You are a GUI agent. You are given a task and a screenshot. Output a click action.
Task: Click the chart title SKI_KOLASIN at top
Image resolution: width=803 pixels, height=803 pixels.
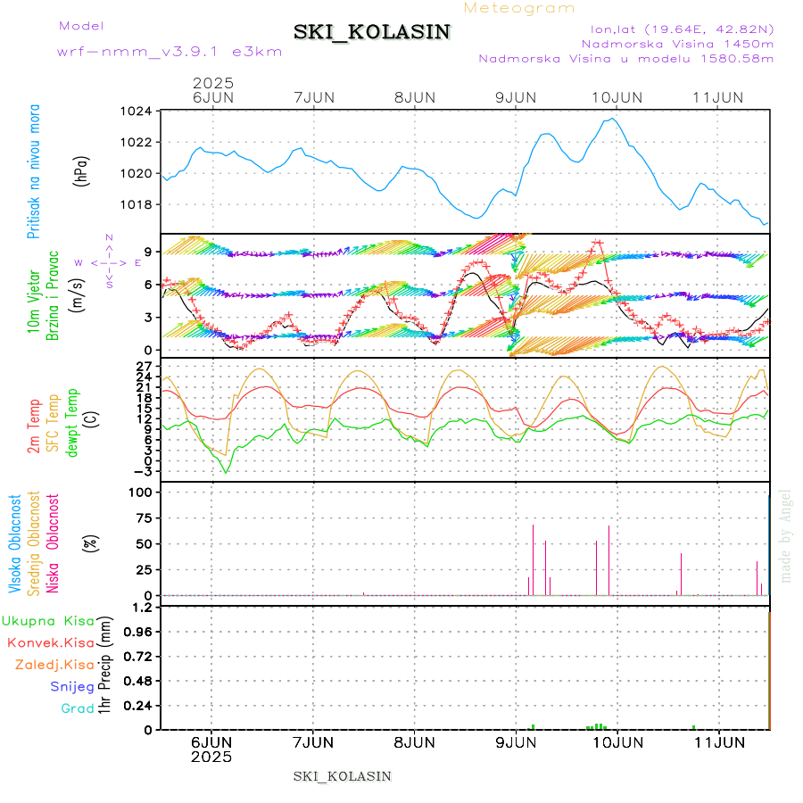[x=372, y=31]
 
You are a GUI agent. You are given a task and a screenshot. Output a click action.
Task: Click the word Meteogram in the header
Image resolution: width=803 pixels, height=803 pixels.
[x=520, y=8]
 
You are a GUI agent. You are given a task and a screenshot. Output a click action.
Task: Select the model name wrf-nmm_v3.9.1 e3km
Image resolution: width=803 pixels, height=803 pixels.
[x=170, y=52]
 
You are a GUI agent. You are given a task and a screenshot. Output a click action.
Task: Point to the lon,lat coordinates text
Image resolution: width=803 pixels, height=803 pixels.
[x=675, y=29]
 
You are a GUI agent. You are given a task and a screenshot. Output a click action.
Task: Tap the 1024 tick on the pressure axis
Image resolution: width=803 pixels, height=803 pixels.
[x=138, y=112]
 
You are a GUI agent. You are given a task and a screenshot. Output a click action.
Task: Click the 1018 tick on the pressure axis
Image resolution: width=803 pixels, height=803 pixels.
[x=138, y=204]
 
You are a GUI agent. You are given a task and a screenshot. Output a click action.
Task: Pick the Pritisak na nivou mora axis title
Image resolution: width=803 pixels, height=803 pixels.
[x=34, y=170]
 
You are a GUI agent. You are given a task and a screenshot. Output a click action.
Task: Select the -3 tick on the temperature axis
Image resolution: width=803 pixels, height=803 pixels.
[x=143, y=470]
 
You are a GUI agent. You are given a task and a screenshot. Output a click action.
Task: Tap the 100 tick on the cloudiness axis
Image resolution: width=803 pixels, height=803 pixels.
[x=142, y=493]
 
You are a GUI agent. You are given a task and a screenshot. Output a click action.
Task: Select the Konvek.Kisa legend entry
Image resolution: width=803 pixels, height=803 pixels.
[x=51, y=642]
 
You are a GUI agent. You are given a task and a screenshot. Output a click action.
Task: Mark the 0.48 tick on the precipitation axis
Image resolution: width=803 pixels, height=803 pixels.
[x=139, y=681]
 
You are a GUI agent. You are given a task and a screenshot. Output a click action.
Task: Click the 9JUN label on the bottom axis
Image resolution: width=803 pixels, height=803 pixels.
[x=516, y=741]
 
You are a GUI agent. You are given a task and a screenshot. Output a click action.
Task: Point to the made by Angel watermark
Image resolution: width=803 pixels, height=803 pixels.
[x=786, y=535]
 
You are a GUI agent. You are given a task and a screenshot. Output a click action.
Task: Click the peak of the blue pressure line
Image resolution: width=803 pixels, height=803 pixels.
[x=612, y=119]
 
